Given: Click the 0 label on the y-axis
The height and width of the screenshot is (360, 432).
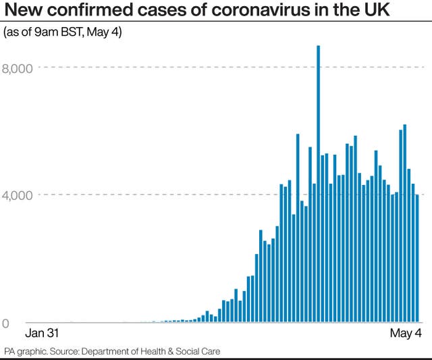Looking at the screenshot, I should tap(7, 323).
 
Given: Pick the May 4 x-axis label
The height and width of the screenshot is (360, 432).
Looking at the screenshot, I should tap(406, 334).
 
